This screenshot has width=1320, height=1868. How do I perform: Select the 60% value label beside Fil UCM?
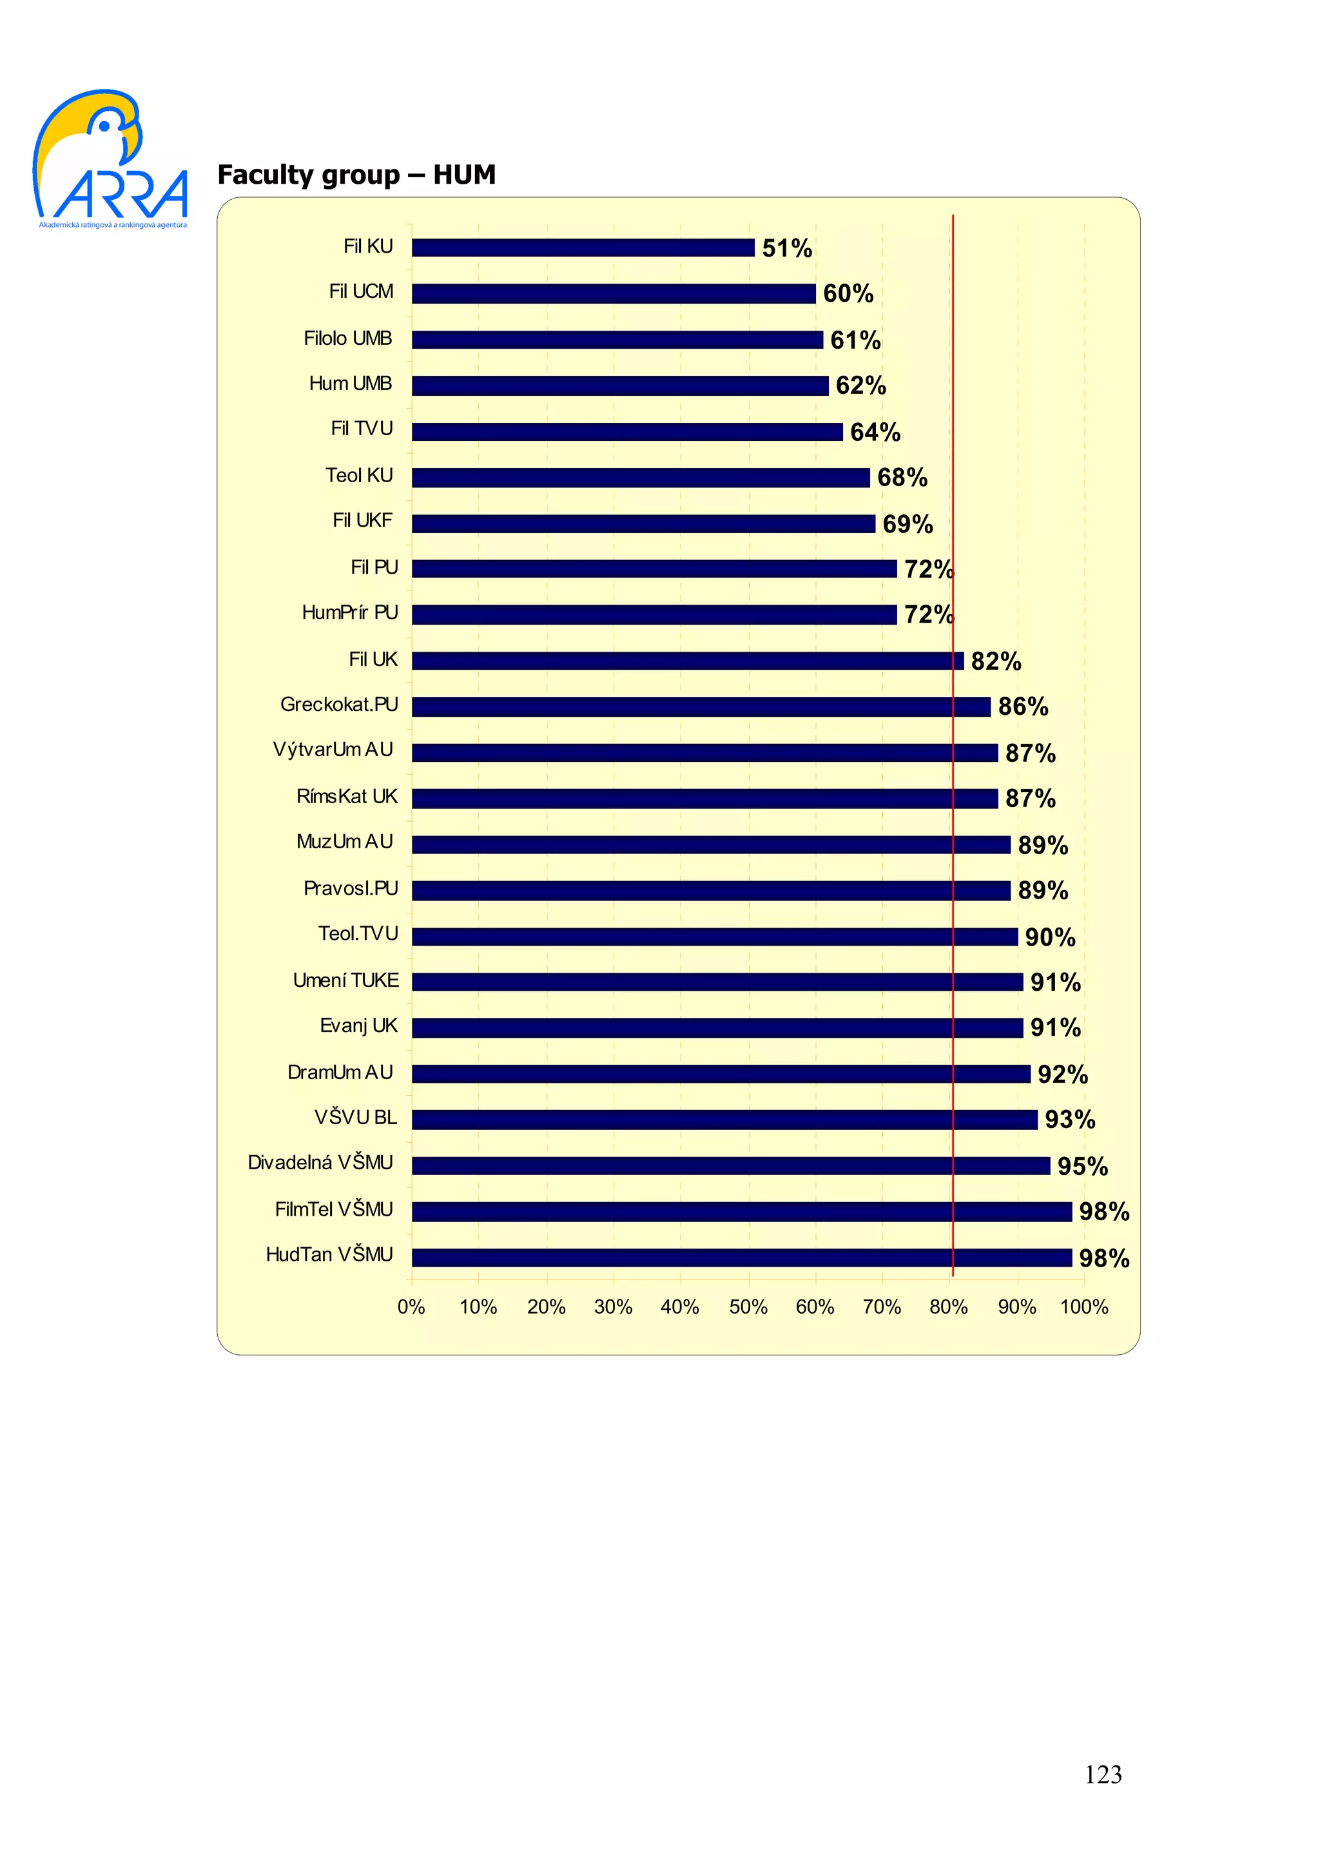[x=848, y=293]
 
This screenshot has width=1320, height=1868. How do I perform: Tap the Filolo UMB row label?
[x=347, y=338]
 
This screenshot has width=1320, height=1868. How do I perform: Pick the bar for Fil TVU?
[x=626, y=431]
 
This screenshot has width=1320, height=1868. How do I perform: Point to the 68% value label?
[x=902, y=477]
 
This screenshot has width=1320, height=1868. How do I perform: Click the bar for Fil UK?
[x=687, y=660]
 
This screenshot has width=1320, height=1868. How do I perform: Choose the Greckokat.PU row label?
[x=339, y=704]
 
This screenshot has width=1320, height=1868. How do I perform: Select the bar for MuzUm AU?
[x=710, y=844]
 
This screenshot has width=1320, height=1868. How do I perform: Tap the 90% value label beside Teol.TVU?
[x=1049, y=937]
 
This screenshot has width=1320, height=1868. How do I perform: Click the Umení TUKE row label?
[x=345, y=980]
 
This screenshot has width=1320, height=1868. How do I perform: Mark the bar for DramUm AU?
[x=721, y=1073]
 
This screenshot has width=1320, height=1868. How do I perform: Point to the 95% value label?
[x=1082, y=1166]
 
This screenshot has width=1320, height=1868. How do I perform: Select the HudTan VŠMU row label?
[x=329, y=1254]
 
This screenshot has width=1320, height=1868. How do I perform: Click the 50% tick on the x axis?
[x=748, y=1307]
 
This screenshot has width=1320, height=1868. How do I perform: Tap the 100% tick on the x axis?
[x=1083, y=1307]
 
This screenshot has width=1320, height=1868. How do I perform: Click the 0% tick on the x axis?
[x=412, y=1307]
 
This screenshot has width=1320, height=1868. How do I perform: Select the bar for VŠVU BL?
[x=724, y=1120]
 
